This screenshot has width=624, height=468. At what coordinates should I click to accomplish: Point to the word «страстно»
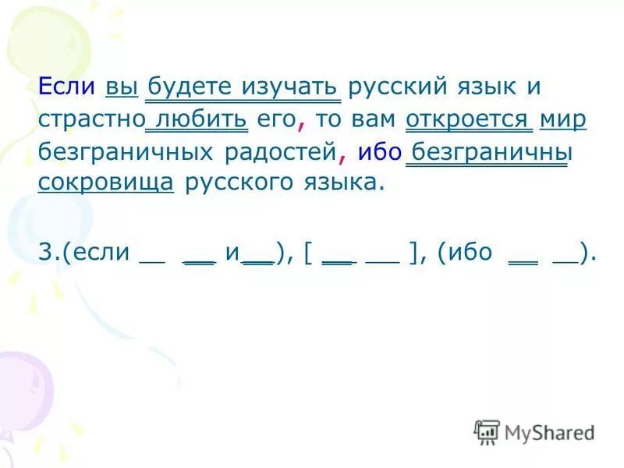point(90,120)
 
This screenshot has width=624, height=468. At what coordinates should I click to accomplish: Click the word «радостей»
point(282,152)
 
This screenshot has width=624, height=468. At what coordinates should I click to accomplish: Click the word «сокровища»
point(105,184)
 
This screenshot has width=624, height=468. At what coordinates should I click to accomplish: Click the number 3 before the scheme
point(43,253)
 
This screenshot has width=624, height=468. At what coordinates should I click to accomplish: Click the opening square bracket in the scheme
point(310,254)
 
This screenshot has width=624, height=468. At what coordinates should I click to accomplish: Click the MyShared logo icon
point(487,431)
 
